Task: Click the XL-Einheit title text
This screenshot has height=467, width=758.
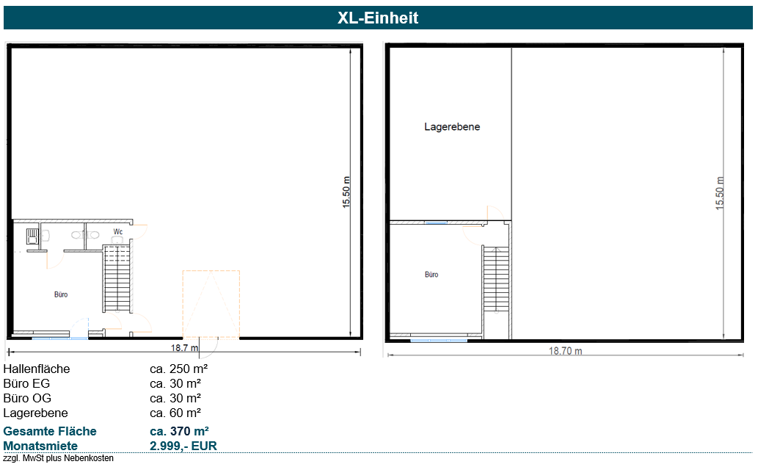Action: (x=378, y=18)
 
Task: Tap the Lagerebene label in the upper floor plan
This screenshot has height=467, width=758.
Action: (x=452, y=127)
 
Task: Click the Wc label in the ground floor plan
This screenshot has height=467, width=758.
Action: (x=118, y=232)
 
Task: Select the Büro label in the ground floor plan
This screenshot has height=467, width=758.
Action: (x=61, y=294)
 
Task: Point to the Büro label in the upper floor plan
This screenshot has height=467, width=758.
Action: (x=431, y=275)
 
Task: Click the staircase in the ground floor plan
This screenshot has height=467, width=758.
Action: (x=117, y=279)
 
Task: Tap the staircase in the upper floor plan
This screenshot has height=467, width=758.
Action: (x=496, y=279)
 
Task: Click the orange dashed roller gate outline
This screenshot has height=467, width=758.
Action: (x=211, y=305)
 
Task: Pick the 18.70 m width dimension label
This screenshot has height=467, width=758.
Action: (x=565, y=351)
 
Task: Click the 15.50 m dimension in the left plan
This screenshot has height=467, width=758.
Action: (x=346, y=192)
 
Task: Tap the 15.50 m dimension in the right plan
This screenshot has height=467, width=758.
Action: (x=720, y=193)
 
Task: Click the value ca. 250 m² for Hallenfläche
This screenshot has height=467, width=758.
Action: (x=179, y=369)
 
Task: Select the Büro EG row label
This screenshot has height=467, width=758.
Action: (x=26, y=383)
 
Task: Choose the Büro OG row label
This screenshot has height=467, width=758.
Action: (x=27, y=398)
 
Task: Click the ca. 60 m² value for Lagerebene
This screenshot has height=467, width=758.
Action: (x=175, y=413)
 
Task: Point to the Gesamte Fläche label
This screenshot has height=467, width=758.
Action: (x=50, y=431)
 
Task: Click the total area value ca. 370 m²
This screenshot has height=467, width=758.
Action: (x=179, y=431)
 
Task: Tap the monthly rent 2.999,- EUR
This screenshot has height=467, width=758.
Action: (x=183, y=446)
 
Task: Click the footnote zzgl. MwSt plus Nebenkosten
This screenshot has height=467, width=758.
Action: (x=59, y=457)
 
